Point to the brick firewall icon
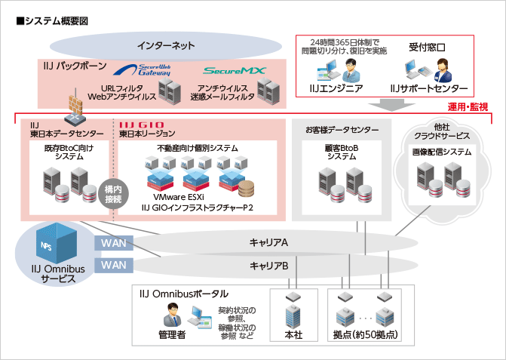[75, 106]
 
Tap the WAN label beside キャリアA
[114, 243]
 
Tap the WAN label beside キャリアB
[114, 265]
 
